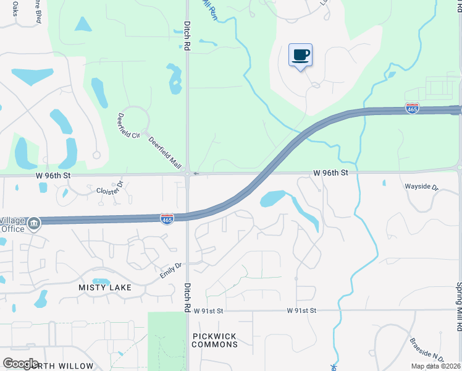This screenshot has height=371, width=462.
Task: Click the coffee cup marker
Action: coord(300,56)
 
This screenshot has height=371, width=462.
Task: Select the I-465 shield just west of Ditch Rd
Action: coord(167,218)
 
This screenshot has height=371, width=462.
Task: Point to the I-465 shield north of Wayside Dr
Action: coord(413,108)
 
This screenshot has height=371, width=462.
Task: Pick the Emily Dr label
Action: coord(171,270)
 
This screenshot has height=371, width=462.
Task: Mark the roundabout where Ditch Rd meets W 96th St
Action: coord(187,174)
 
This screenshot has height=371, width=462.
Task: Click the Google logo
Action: coord(21,363)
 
